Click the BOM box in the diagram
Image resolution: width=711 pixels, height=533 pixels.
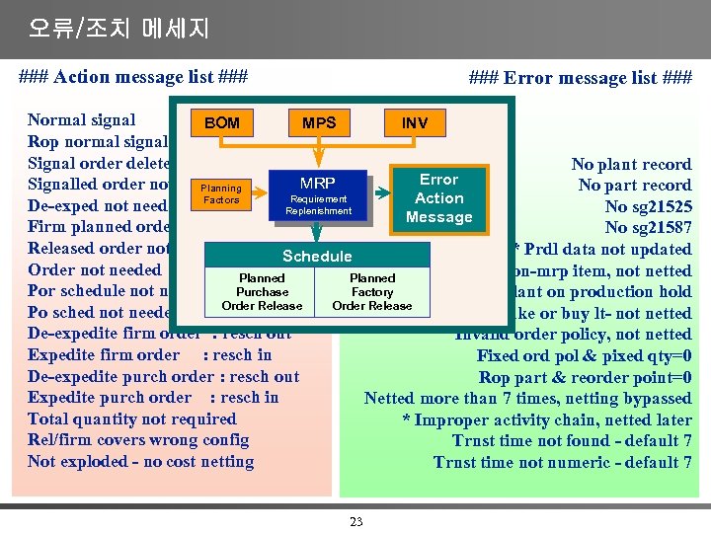pos(222,123)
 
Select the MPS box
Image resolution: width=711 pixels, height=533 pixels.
pos(319,123)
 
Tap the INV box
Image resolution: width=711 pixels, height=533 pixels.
pos(415,123)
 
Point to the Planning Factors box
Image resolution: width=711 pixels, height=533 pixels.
pos(221,193)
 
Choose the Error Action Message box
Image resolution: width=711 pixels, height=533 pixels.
pos(438,198)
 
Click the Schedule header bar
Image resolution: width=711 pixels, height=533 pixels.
pos(317,256)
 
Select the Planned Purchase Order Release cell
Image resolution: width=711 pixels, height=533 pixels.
pos(262,292)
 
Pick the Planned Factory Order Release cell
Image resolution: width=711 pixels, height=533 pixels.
pos(372,292)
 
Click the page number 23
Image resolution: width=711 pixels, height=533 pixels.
pos(356,522)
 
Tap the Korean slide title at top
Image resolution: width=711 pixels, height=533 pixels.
pos(118,28)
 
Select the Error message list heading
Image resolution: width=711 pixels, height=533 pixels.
pos(580,78)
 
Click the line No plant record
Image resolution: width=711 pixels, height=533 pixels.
pos(631,165)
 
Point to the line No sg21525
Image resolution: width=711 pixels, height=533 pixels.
pos(648,207)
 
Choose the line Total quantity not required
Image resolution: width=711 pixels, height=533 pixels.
pos(131,419)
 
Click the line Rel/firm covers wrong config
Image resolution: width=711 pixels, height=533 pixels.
pos(138,440)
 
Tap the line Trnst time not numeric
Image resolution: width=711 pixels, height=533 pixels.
pos(562,462)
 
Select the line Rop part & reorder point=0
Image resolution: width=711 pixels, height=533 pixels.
pos(585,377)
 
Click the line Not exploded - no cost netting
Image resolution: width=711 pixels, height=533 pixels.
pos(141,462)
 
